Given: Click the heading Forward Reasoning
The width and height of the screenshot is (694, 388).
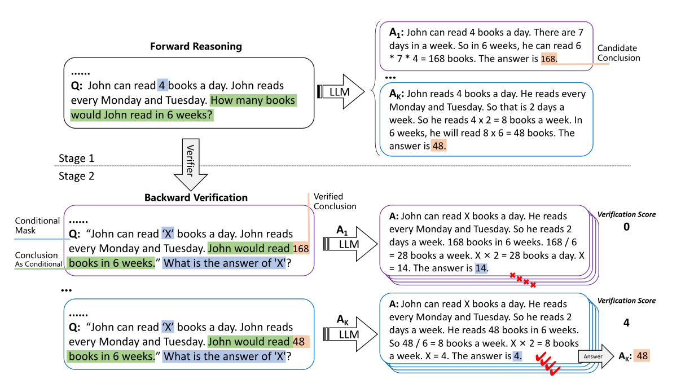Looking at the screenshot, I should (196, 46).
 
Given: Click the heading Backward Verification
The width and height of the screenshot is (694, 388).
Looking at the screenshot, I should (196, 197).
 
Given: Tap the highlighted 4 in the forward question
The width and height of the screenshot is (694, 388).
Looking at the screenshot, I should (162, 86).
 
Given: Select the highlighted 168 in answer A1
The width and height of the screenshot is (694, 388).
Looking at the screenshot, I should (549, 59).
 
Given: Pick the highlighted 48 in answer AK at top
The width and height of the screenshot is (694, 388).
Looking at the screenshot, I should (439, 146).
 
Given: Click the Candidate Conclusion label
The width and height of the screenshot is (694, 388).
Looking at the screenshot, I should (619, 53).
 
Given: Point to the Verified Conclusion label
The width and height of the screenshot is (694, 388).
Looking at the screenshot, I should (335, 201).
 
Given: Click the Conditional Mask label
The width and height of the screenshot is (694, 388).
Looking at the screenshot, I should (37, 226).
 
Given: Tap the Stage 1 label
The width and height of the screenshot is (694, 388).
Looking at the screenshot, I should (76, 158).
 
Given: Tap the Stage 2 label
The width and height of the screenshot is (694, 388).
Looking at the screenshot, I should (76, 176).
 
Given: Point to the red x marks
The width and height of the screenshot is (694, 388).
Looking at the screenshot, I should (522, 279).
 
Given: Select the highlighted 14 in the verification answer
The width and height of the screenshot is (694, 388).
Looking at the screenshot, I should (481, 268).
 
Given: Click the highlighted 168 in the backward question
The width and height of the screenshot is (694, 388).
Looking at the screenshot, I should (301, 249).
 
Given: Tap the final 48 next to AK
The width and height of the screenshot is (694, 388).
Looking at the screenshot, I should (642, 356).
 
